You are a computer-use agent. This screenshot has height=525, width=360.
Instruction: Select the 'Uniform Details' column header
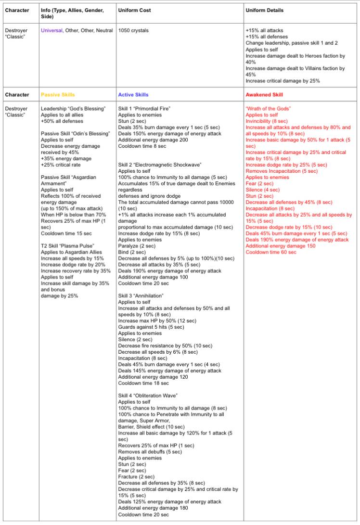[x=264, y=10]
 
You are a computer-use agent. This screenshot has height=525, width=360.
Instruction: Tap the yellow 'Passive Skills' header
[x=58, y=95]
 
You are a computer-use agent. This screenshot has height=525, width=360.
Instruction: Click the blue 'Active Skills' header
[x=133, y=95]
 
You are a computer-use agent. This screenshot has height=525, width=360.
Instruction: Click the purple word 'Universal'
[x=52, y=30]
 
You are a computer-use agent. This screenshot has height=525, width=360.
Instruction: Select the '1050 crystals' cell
[x=133, y=30]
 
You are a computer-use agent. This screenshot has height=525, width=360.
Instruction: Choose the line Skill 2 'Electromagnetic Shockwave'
[x=160, y=165]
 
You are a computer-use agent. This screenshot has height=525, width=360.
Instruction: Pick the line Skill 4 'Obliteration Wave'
[x=148, y=396]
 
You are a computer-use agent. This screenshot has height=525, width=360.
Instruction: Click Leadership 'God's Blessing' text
[x=73, y=109]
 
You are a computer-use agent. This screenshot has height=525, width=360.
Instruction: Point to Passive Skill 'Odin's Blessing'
[x=73, y=133]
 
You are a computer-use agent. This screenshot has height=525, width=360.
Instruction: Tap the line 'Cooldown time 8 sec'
[x=142, y=146]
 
